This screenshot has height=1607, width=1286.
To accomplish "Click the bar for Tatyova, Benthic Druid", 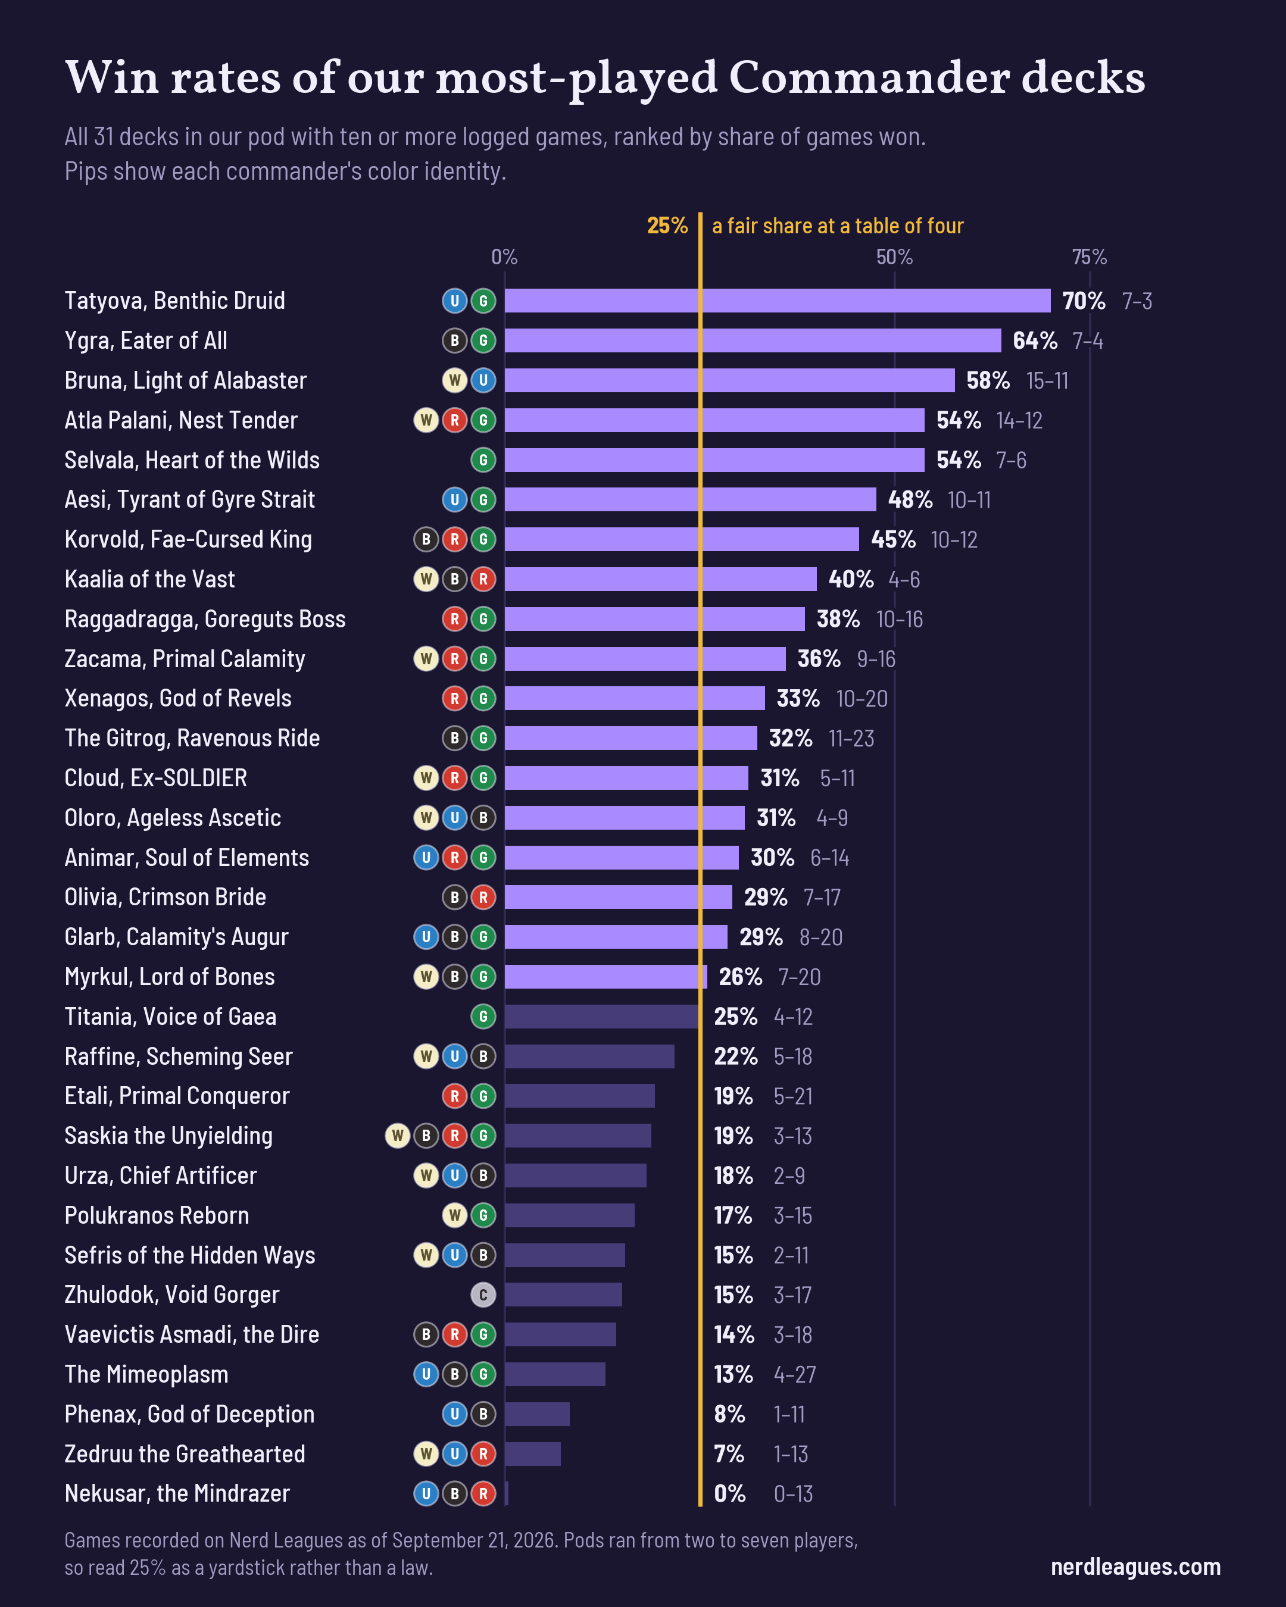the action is click(x=778, y=301).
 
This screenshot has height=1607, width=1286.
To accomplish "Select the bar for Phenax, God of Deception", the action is click(x=537, y=1414).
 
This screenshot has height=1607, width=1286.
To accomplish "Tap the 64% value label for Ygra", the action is click(x=1035, y=340).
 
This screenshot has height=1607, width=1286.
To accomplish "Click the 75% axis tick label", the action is click(x=1089, y=257).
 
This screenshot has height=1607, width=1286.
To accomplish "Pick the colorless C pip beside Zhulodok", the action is click(x=483, y=1295).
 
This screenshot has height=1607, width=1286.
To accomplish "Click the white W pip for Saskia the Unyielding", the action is click(x=397, y=1136).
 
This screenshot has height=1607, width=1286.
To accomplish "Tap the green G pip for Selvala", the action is click(x=483, y=460).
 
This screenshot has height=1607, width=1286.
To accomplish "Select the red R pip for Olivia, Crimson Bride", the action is click(x=483, y=898).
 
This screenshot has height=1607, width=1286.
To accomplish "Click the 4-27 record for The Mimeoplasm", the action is click(x=795, y=1374).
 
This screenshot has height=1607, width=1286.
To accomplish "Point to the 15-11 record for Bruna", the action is click(x=1047, y=381).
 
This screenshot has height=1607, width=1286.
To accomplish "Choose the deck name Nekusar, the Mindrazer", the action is click(x=177, y=1494).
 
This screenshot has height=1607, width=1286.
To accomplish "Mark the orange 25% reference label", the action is click(x=667, y=226).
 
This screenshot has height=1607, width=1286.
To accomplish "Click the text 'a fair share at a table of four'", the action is click(x=837, y=226).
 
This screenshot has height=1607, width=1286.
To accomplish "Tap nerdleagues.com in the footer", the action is click(x=1135, y=1567).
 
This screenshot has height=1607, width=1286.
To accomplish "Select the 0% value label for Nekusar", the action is click(x=730, y=1494).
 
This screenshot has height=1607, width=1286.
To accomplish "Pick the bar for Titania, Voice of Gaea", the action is click(x=603, y=1017).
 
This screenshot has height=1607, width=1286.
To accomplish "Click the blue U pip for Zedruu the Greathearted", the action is click(x=455, y=1453).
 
